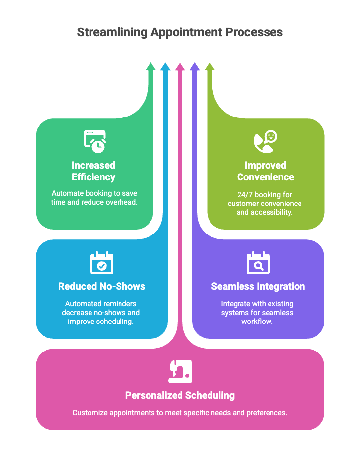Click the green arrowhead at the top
(150, 67)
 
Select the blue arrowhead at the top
(165, 67)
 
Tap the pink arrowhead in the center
(180, 67)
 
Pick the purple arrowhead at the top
(195, 67)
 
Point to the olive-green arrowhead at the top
(210, 67)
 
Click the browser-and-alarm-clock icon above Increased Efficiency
(94, 141)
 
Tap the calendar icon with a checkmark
(102, 263)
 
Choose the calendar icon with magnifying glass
(258, 263)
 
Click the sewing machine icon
(180, 372)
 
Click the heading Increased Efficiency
(93, 171)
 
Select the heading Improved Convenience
(266, 171)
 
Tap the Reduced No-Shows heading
(102, 286)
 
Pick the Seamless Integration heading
(258, 286)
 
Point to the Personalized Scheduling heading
(180, 395)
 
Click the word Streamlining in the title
(112, 32)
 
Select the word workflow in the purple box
(258, 322)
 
